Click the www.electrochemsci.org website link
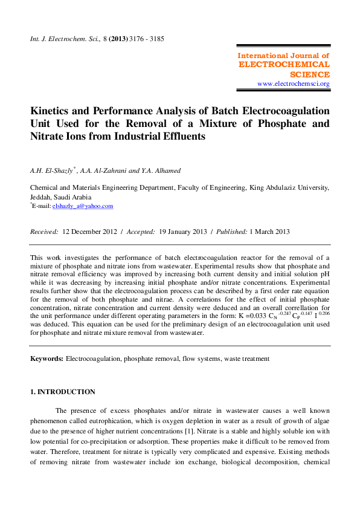coord(293,84)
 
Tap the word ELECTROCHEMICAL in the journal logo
coord(284,64)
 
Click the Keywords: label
coord(47,359)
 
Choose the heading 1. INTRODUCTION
coord(63,392)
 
